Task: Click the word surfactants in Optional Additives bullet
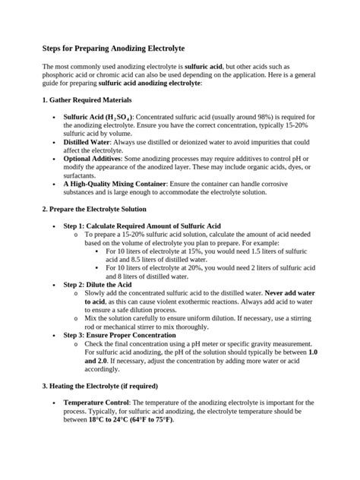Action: (81, 175)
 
